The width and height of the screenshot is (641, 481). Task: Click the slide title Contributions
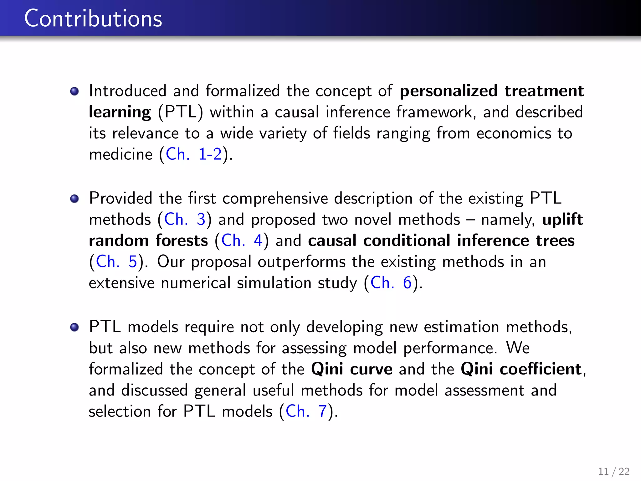click(93, 18)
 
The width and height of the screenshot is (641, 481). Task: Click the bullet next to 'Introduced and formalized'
click(74, 91)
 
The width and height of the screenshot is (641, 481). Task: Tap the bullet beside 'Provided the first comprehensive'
click(74, 199)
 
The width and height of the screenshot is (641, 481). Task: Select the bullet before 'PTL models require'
click(74, 328)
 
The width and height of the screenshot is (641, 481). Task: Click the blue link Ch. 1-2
click(193, 154)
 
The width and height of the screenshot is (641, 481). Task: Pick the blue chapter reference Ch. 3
click(184, 219)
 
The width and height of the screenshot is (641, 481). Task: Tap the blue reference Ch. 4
click(241, 240)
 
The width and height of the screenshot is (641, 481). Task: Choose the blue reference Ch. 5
click(116, 261)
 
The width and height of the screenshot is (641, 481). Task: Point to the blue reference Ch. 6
click(391, 283)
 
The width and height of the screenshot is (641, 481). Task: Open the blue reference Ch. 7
click(306, 411)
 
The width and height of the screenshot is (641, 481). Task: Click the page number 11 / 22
click(613, 471)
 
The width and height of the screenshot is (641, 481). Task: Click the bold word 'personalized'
click(449, 91)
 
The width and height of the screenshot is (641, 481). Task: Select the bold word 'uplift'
click(562, 219)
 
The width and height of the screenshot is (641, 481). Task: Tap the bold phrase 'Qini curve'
click(351, 369)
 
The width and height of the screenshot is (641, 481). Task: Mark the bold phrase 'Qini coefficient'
click(521, 369)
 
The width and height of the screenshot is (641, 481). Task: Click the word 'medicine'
click(121, 154)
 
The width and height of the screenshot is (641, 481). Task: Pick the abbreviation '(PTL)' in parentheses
click(180, 112)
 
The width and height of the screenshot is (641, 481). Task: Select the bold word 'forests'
click(182, 240)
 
